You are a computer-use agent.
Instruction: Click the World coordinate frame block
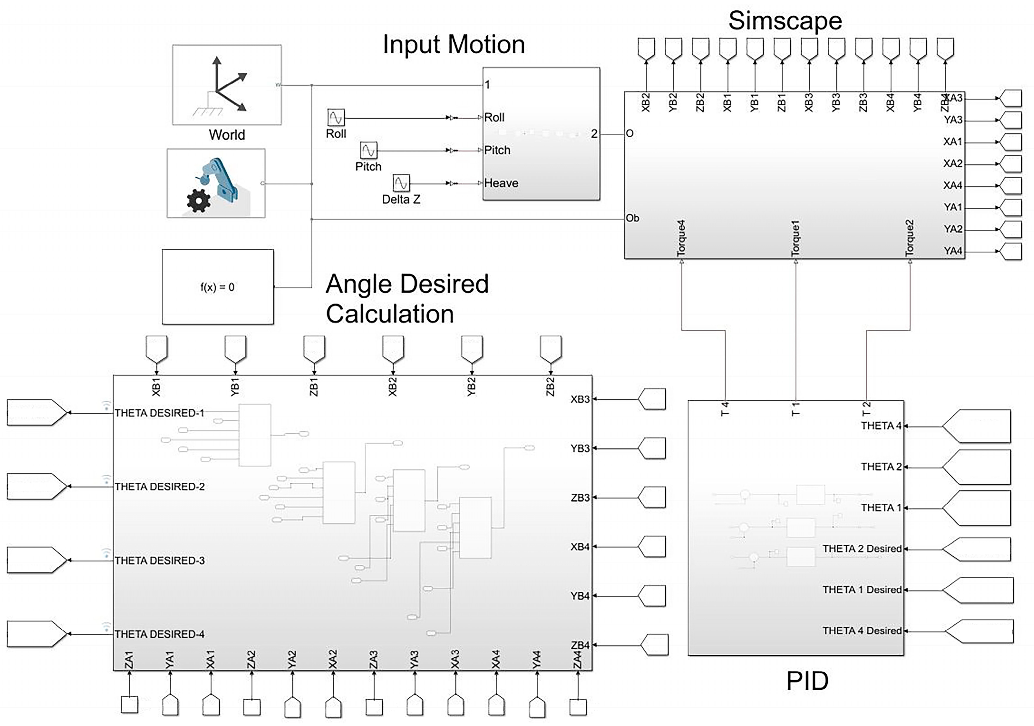227,85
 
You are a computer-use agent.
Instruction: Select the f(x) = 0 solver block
217,287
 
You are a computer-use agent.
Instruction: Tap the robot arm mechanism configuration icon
216,183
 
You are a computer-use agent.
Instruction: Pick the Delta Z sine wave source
401,183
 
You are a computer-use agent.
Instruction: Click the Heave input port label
501,183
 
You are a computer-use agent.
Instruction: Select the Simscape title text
785,21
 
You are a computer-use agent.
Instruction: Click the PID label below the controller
807,681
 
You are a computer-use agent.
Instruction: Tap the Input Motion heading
454,45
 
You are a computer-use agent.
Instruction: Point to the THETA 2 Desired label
861,549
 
